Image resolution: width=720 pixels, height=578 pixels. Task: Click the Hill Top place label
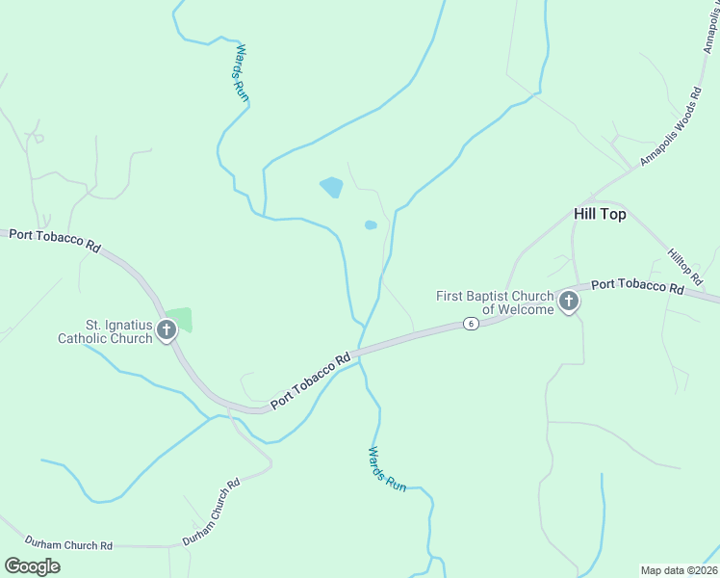pyautogui.click(x=599, y=214)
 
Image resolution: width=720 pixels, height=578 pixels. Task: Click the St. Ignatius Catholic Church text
pyautogui.click(x=105, y=331)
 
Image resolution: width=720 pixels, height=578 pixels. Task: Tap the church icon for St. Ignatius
pyautogui.click(x=167, y=331)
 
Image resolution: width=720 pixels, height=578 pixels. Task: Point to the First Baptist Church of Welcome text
pyautogui.click(x=495, y=302)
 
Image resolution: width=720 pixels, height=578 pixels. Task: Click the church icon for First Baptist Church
pyautogui.click(x=569, y=302)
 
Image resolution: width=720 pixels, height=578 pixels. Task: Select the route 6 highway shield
pyautogui.click(x=470, y=324)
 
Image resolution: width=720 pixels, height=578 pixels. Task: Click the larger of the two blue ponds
pyautogui.click(x=331, y=187)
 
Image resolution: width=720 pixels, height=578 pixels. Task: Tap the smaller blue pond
pyautogui.click(x=371, y=225)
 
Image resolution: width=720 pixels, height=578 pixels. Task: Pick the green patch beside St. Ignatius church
pyautogui.click(x=179, y=318)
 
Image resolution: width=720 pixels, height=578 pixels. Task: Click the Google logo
pyautogui.click(x=32, y=566)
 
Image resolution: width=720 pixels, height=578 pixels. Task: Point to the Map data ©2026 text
pyautogui.click(x=679, y=570)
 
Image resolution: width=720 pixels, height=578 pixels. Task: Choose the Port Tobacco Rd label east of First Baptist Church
pyautogui.click(x=637, y=286)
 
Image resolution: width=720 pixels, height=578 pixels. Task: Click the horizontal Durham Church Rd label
pyautogui.click(x=68, y=545)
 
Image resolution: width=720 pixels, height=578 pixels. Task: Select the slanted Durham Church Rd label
pyautogui.click(x=212, y=512)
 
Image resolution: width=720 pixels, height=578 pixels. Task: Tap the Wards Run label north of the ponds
pyautogui.click(x=241, y=71)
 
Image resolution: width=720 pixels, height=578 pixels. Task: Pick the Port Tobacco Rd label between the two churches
pyautogui.click(x=311, y=381)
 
